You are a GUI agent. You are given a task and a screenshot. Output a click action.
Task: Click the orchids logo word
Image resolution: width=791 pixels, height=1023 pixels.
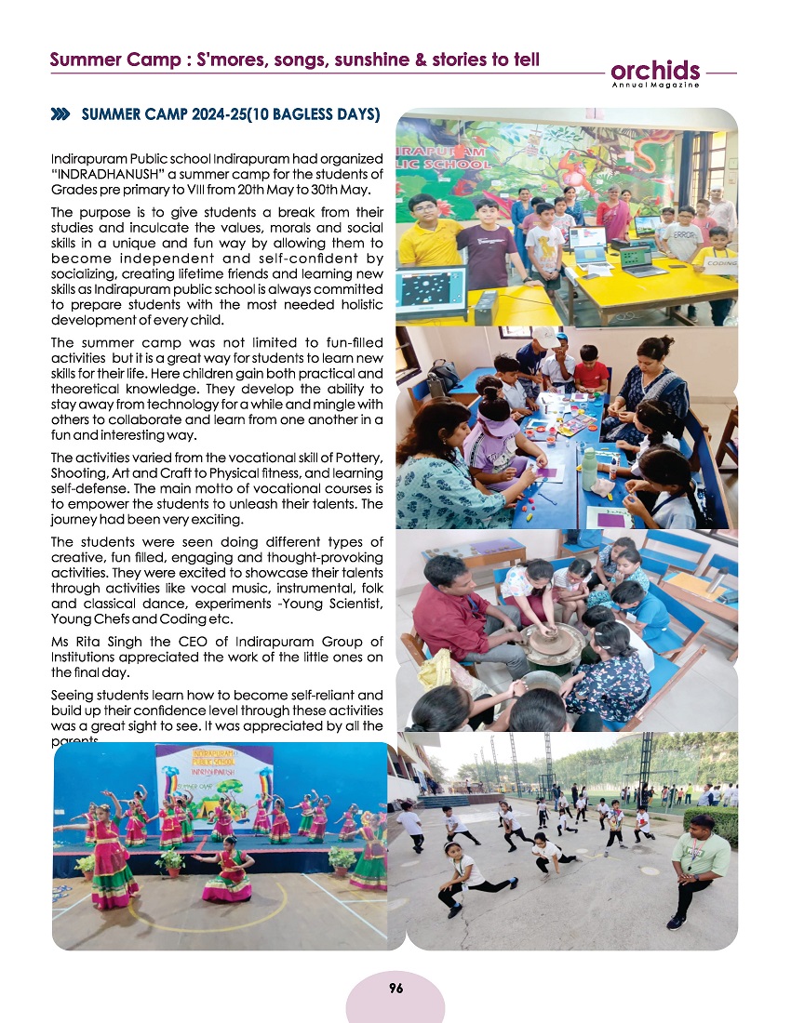pos(655,72)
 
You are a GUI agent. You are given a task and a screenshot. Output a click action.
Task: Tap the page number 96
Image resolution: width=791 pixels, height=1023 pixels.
pos(395,989)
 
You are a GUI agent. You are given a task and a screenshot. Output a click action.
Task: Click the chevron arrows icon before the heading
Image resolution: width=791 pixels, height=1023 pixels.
pos(60,115)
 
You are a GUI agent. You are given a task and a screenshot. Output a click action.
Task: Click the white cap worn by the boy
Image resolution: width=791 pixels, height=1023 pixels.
pos(545,336)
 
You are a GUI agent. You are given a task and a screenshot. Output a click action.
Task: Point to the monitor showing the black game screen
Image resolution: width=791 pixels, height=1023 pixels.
pos(432,291)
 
